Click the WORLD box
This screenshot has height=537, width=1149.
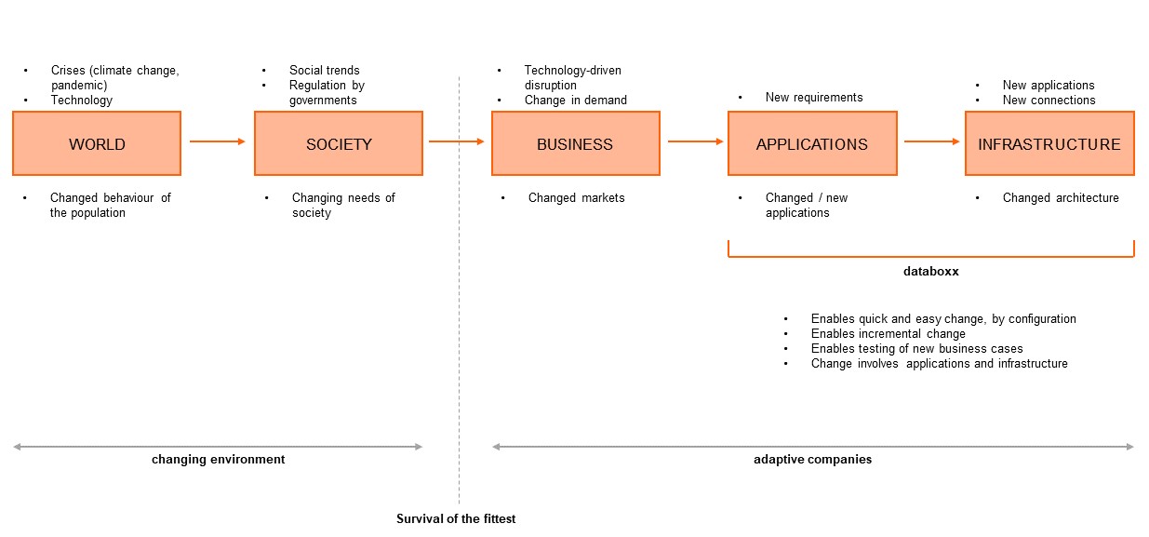tap(97, 143)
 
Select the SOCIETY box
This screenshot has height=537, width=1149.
tap(339, 143)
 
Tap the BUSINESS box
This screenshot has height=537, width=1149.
tap(575, 143)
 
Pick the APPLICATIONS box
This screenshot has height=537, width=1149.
tap(812, 143)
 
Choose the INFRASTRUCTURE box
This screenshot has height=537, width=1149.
tap(1049, 143)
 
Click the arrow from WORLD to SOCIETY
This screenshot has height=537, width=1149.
tap(218, 141)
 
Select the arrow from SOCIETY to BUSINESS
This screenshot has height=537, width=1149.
tap(457, 141)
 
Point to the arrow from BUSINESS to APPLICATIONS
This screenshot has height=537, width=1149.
tap(695, 141)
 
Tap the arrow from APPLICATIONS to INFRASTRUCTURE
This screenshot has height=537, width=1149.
tap(931, 141)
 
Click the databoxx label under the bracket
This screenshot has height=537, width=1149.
tap(930, 273)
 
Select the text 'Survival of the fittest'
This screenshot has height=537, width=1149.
tap(456, 518)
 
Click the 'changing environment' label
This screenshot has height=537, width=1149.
tap(219, 459)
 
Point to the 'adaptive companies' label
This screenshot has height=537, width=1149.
tap(812, 459)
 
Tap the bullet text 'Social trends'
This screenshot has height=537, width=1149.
tap(325, 70)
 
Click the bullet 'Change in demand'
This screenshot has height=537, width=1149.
tap(576, 100)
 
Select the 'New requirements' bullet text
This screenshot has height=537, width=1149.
tap(814, 97)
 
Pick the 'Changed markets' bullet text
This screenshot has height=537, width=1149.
tap(577, 197)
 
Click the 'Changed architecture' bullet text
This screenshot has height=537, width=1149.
tap(1061, 197)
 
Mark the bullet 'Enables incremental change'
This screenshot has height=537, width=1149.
tap(888, 333)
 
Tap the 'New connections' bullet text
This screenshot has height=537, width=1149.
tap(1049, 100)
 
